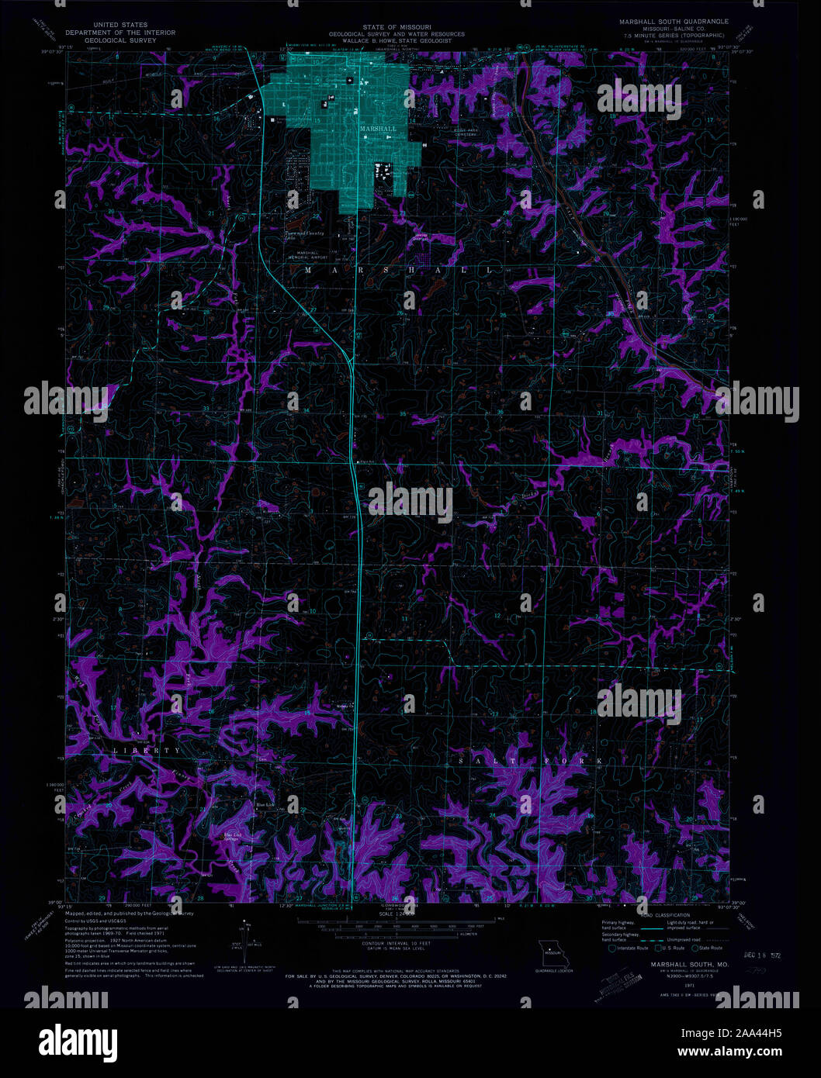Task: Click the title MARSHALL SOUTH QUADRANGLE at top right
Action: click(674, 22)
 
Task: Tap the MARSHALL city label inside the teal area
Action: click(378, 129)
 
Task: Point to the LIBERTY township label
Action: click(147, 751)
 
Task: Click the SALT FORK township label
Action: click(530, 762)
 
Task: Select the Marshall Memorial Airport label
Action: click(307, 255)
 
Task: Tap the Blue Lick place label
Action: click(265, 805)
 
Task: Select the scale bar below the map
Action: click(397, 922)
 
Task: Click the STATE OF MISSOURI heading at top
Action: click(397, 26)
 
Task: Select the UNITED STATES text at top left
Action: click(120, 25)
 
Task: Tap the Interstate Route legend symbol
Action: click(612, 948)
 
